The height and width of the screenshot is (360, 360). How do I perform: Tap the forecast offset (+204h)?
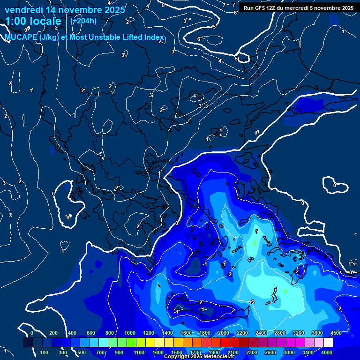point(83,21)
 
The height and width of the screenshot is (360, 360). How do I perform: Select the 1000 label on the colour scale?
point(130,333)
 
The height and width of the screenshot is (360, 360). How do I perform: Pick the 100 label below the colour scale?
point(45,352)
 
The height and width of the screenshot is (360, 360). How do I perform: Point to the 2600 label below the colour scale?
point(270,352)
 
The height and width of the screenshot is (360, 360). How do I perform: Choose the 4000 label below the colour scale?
point(327,352)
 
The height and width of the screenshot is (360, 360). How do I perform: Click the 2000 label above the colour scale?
point(224,333)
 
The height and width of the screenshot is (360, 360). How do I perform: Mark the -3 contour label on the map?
point(252,301)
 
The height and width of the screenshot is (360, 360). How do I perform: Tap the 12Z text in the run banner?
point(272,7)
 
